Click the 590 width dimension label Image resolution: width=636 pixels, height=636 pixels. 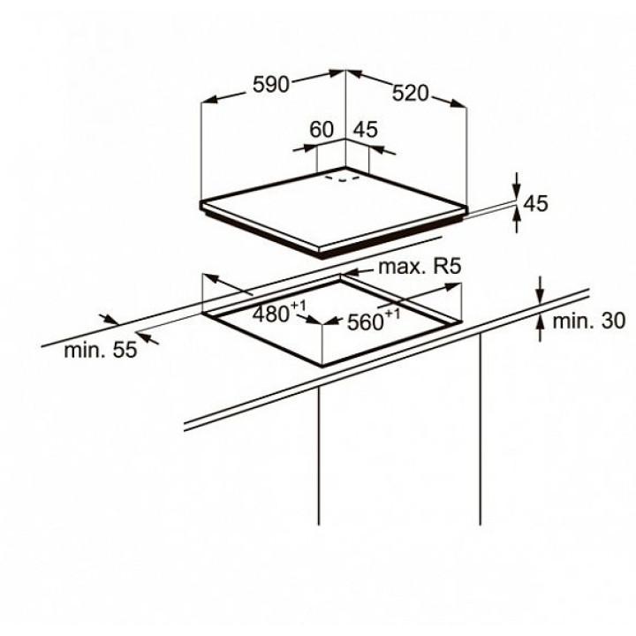(270, 85)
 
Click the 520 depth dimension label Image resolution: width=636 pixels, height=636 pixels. (410, 94)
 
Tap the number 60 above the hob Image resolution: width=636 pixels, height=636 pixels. (322, 129)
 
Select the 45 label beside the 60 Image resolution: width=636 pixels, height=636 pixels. (366, 129)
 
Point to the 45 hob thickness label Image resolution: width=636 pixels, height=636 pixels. (536, 203)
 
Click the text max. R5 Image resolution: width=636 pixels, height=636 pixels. (420, 267)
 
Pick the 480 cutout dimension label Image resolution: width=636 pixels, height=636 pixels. (270, 314)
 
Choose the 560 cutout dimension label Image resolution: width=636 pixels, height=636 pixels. (366, 322)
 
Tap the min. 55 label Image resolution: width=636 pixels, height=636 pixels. (101, 350)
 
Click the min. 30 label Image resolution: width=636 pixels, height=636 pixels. (589, 321)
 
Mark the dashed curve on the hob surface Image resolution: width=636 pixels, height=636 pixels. (343, 178)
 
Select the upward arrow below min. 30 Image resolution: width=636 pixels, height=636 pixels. (540, 328)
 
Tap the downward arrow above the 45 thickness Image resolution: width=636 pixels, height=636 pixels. (517, 186)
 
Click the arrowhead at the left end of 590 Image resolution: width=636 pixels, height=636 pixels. (209, 100)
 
